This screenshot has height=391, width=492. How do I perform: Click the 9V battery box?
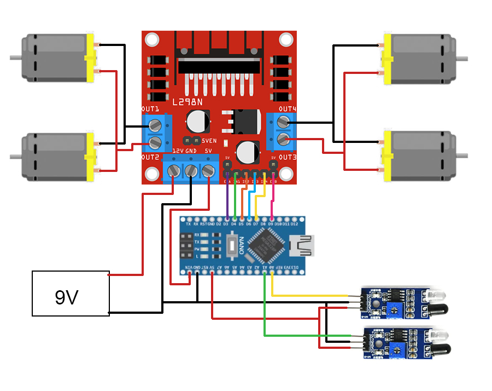(x=71, y=294)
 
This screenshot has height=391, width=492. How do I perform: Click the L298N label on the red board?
(x=187, y=102)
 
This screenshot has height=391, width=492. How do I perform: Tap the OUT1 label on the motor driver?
(x=150, y=110)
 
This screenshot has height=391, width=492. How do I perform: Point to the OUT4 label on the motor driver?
(x=287, y=110)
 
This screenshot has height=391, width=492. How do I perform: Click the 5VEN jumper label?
(x=206, y=141)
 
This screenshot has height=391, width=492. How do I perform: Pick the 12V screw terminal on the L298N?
(x=174, y=171)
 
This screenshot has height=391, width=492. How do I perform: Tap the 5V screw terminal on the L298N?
(x=207, y=171)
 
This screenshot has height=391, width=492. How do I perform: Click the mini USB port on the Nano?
(x=303, y=245)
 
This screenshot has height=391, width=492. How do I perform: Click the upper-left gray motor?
(x=54, y=58)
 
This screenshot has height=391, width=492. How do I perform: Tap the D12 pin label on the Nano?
(x=295, y=224)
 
